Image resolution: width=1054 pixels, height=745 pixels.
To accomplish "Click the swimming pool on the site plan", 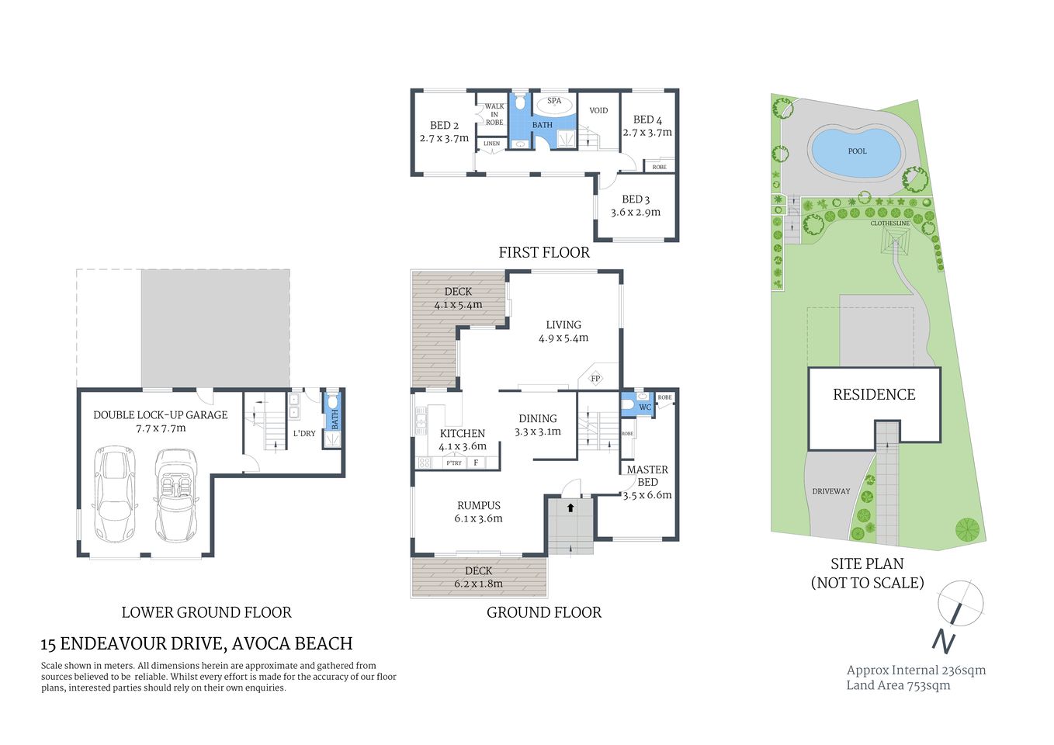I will (856, 152).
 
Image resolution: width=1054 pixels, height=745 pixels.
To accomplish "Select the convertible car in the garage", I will (175, 495).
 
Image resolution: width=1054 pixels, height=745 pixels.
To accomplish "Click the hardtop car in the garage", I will (114, 494).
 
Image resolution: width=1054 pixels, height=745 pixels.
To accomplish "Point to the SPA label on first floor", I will (554, 101).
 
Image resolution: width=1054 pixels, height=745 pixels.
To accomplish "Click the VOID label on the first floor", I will (598, 110).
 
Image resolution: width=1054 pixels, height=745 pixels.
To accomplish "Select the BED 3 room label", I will (636, 199).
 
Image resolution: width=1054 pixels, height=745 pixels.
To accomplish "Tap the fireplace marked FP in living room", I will (595, 379).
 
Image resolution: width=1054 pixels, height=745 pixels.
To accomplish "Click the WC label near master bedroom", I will (644, 407).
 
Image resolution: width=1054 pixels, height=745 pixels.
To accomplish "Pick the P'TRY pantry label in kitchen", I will (454, 463).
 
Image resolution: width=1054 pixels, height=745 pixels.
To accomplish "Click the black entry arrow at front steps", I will (570, 508).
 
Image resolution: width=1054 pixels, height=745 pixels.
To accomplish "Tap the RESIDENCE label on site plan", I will (874, 394).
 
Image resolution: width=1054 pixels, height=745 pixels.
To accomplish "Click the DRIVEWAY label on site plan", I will (830, 491).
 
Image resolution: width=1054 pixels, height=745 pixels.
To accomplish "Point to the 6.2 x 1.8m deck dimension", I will (479, 584).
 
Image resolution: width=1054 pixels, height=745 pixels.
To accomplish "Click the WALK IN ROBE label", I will (494, 114).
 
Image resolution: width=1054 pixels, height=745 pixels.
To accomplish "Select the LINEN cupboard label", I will (492, 144).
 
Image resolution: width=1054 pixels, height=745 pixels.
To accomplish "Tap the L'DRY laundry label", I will (304, 433).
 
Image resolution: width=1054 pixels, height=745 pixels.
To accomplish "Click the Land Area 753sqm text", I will (898, 684).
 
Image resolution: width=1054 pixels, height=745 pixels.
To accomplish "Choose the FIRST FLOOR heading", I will (543, 252).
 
